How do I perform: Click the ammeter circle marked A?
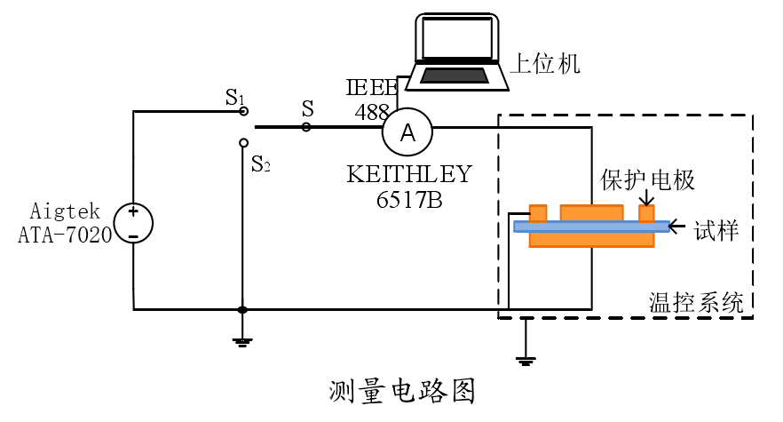(407, 132)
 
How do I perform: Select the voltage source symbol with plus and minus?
(132, 223)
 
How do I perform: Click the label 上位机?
(544, 63)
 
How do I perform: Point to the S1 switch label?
(234, 97)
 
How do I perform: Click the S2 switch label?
(261, 164)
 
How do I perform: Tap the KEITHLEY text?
(409, 173)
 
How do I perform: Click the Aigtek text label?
(65, 211)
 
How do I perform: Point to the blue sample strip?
(590, 227)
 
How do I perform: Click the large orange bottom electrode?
(591, 240)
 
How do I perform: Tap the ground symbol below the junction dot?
(241, 341)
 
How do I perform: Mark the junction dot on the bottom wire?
(241, 310)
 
